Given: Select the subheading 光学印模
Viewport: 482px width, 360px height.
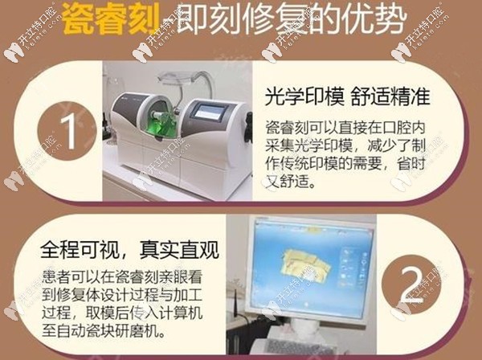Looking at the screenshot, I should (295, 97).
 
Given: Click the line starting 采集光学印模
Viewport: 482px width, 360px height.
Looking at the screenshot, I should (343, 147).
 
